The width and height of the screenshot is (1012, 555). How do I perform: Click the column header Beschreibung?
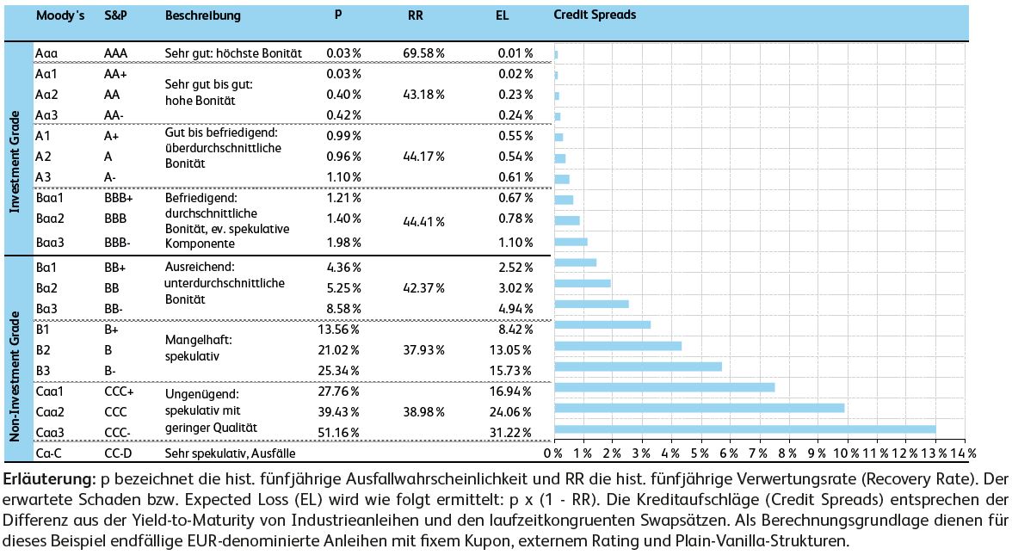[202, 15]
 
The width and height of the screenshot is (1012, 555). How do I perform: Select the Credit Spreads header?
[595, 15]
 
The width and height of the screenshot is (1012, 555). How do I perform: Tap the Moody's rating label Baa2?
[48, 219]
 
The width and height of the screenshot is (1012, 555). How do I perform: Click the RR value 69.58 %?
[423, 53]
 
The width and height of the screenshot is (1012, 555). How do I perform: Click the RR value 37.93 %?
[423, 349]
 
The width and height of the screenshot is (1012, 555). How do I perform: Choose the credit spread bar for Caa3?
[745, 429]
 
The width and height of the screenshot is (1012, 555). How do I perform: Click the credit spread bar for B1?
[602, 324]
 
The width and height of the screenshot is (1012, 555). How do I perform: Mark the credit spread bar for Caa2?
[700, 408]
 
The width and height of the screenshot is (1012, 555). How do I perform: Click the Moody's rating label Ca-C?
[47, 452]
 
